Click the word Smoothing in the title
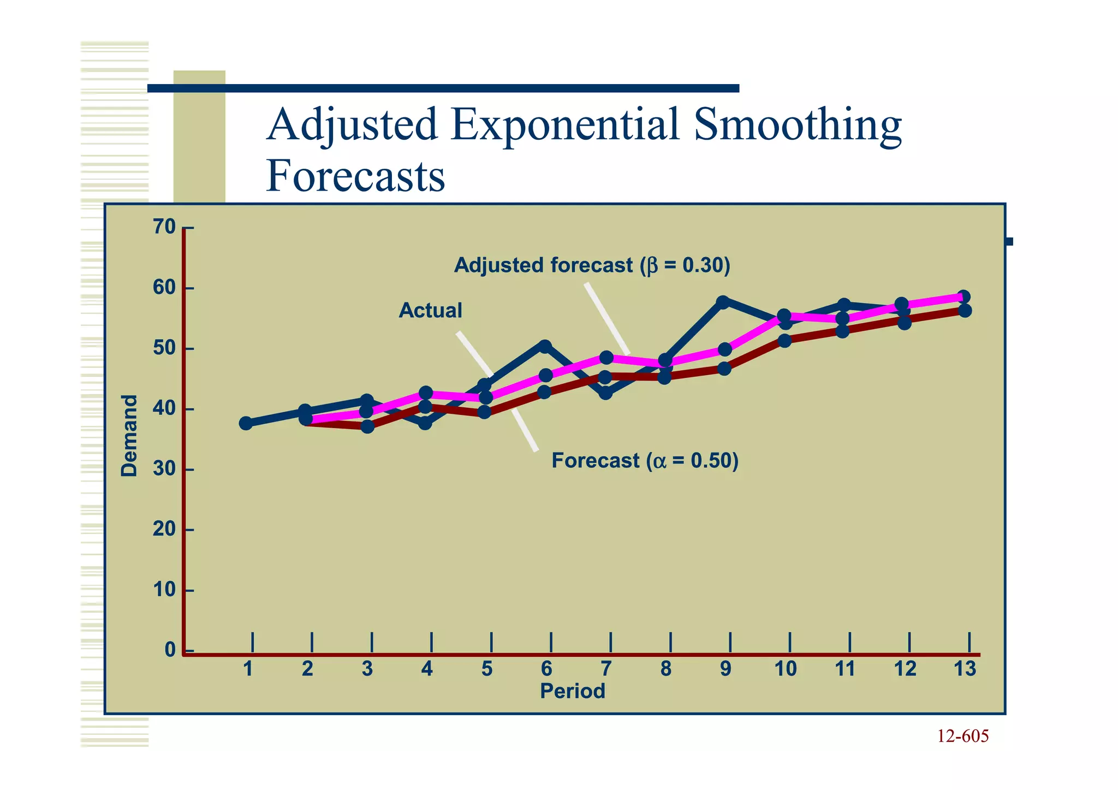(x=798, y=125)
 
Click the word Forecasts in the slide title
(x=355, y=177)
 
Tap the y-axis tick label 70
(x=164, y=227)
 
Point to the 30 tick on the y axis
(x=164, y=469)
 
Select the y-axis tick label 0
(x=170, y=650)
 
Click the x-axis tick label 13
(x=964, y=669)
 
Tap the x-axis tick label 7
(x=605, y=669)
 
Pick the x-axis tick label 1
(x=248, y=669)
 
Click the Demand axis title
(x=129, y=436)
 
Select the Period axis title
(x=572, y=692)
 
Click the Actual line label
(x=430, y=311)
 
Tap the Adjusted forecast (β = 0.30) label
(x=592, y=266)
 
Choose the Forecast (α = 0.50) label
(x=645, y=461)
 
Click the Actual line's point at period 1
(x=246, y=423)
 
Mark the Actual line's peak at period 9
(x=723, y=302)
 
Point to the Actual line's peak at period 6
(x=545, y=346)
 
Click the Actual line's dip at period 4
(x=425, y=423)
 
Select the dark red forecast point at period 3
(x=367, y=426)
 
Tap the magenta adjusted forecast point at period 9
(x=725, y=349)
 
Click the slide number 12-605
(x=962, y=736)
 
